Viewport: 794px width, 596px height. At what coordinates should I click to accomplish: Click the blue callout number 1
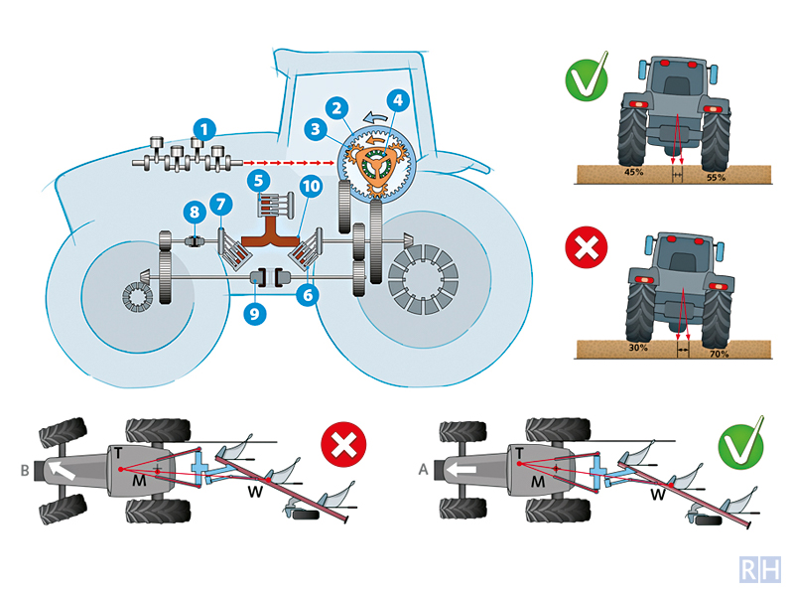point(203,128)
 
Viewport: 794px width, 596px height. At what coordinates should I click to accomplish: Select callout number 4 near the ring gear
point(398,100)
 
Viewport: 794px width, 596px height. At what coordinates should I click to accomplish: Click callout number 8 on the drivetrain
point(194,211)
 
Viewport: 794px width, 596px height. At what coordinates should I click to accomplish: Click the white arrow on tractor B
point(65,470)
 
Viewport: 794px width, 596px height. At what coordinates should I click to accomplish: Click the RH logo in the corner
point(761,569)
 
